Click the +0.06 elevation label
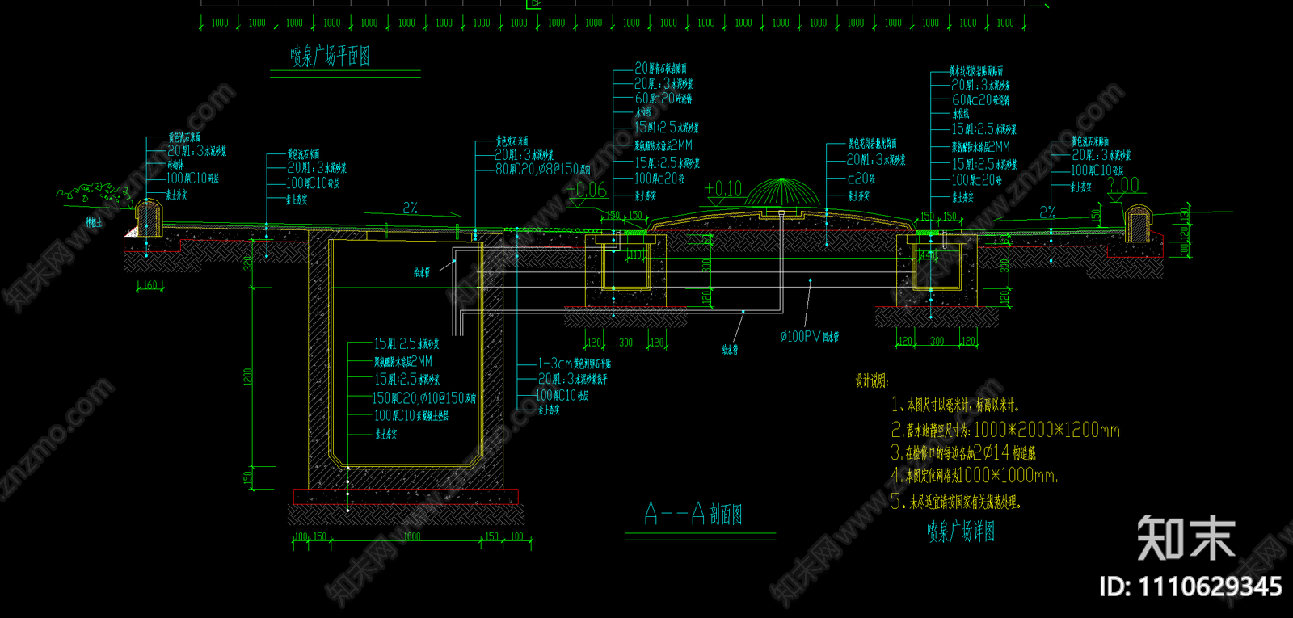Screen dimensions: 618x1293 click(x=588, y=190)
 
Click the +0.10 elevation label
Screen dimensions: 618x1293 click(x=723, y=189)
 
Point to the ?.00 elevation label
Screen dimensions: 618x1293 click(x=1122, y=186)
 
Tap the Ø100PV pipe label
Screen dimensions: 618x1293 click(x=809, y=336)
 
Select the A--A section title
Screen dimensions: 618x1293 click(x=693, y=514)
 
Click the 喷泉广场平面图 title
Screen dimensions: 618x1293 click(x=331, y=56)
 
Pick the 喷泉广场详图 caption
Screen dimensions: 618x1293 click(x=961, y=532)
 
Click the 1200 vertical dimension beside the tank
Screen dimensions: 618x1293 click(x=248, y=376)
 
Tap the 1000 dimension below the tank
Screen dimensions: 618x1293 click(x=411, y=536)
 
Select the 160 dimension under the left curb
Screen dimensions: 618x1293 click(x=150, y=285)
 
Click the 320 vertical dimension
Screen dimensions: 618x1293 click(x=248, y=263)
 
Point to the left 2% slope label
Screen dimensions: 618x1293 click(x=411, y=208)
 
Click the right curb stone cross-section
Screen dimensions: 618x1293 click(x=1137, y=223)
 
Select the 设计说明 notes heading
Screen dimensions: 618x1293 click(x=872, y=380)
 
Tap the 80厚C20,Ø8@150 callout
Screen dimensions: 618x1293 click(x=543, y=170)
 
